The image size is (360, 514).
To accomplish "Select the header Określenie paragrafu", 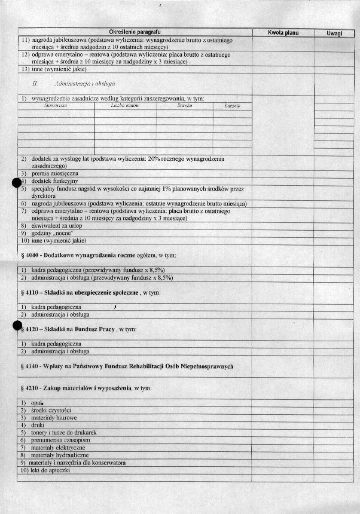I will [x=135, y=31].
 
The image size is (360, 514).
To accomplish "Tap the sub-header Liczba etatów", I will [x=125, y=106].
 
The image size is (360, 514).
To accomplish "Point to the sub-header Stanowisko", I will [x=55, y=105].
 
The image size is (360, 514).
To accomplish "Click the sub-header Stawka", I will [x=185, y=106].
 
